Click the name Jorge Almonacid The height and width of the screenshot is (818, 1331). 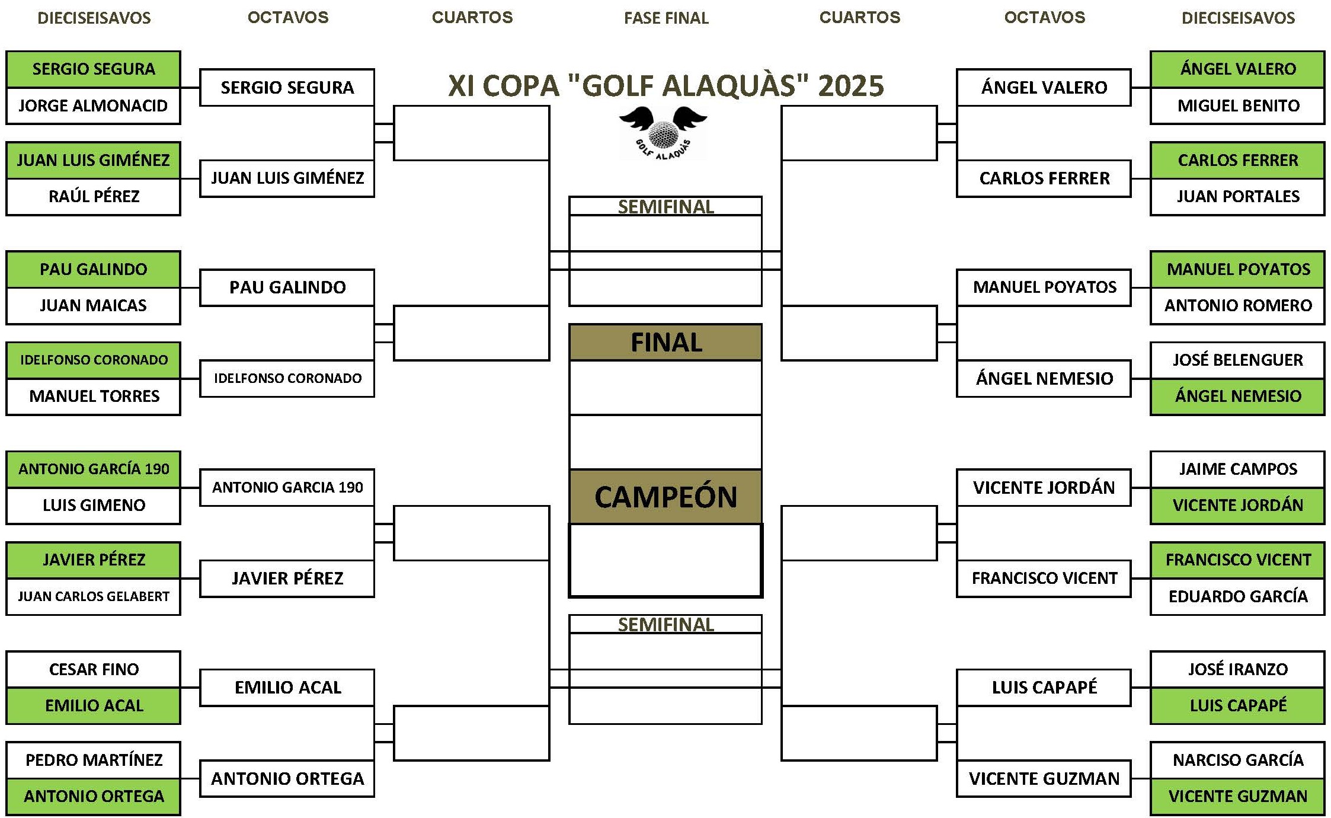coord(93,106)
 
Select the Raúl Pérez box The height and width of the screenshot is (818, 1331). coord(93,197)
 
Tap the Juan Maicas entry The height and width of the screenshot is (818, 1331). coord(93,306)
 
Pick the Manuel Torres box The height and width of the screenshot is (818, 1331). coord(93,397)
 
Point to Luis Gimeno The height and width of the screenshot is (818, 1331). coord(94,505)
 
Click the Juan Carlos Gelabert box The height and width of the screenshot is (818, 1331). coord(93,596)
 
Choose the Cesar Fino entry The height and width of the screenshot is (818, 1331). coord(93,670)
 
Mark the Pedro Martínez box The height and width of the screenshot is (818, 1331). coord(93,761)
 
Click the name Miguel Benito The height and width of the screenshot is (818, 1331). coord(1238,106)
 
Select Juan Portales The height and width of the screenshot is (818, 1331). coord(1238,197)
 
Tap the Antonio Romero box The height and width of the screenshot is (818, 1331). coord(1237,306)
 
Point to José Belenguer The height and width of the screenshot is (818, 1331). coord(1238,360)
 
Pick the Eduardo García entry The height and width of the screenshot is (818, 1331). coord(1237,596)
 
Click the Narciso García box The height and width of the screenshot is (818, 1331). coord(1237,761)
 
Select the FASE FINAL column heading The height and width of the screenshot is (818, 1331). coord(666,18)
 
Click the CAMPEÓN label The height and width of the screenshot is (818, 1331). coord(666,497)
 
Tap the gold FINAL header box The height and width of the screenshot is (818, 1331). coord(665,343)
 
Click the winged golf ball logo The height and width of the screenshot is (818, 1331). coord(663,133)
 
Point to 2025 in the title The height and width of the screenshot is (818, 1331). coord(851,86)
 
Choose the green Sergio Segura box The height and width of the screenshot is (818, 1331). coord(93,69)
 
